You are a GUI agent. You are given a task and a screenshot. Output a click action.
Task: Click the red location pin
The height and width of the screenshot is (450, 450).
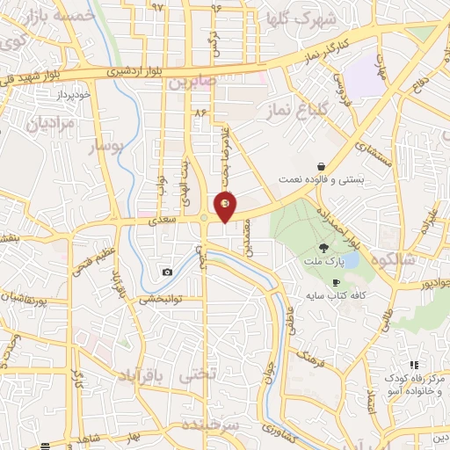pyautogui.click(x=226, y=207)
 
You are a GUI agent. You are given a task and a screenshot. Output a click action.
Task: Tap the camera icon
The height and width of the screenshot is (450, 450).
pyautogui.click(x=167, y=272)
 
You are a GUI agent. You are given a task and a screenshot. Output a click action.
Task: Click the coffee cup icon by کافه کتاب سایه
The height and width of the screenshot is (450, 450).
pyautogui.click(x=335, y=282)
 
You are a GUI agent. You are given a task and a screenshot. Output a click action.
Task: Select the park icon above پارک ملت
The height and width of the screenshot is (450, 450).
pyautogui.click(x=323, y=248)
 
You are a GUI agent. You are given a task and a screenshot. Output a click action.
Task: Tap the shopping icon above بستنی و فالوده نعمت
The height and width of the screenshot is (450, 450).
pyautogui.click(x=322, y=165)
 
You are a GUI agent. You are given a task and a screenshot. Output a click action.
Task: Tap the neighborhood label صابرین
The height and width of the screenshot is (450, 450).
pyautogui.click(x=193, y=83)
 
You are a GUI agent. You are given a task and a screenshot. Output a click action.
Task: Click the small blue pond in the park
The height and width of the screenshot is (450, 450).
pyautogui.click(x=351, y=261)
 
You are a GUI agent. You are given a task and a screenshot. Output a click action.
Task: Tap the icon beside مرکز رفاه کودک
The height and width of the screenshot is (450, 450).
pyautogui.click(x=413, y=365)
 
